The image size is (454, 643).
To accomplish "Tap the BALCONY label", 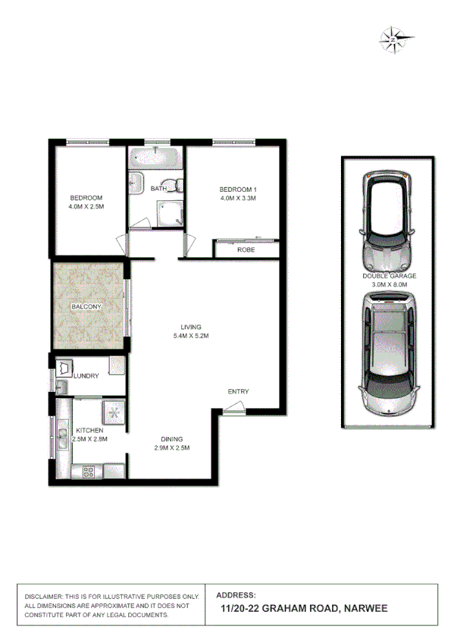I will coord(86,306).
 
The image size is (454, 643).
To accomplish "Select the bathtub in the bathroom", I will coord(155,159).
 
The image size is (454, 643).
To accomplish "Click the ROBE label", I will coord(245,249).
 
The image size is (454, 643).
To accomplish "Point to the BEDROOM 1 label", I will coord(239,189).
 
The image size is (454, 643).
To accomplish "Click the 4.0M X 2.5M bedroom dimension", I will coord(85,206).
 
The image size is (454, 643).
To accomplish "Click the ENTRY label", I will coord(238,391).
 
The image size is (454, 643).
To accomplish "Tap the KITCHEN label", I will coord(89,430).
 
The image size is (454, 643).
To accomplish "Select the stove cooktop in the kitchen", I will coord(89,473).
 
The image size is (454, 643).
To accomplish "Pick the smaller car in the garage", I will coord(389,219).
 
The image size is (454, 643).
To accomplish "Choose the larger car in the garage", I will coord(389,355).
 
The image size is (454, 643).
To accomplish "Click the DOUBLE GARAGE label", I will coord(389,277).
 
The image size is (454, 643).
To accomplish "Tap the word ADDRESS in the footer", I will coord(236,595).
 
